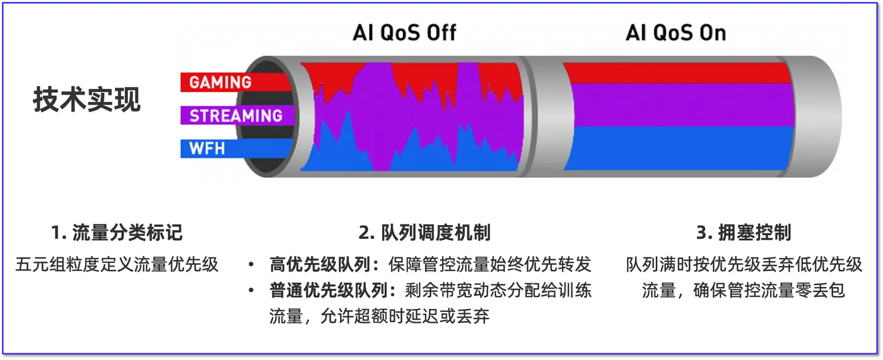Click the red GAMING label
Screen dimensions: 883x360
[220, 83]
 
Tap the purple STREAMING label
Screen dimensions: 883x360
[236, 116]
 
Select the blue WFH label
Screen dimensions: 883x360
[208, 149]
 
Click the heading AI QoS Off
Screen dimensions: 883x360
[404, 33]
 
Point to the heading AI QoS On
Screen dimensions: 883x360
[675, 33]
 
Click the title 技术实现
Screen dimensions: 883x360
[87, 100]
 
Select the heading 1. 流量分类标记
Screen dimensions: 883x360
[117, 233]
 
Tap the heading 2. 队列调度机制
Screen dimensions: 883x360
[424, 233]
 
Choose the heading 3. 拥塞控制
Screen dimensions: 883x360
[744, 233]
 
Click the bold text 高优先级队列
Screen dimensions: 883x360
[320, 264]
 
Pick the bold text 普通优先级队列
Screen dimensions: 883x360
[329, 291]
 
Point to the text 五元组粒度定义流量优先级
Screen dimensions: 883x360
[117, 264]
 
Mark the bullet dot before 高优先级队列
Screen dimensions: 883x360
[251, 265]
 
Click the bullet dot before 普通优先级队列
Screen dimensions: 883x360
[251, 291]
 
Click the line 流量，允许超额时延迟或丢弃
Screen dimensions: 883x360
[379, 316]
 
